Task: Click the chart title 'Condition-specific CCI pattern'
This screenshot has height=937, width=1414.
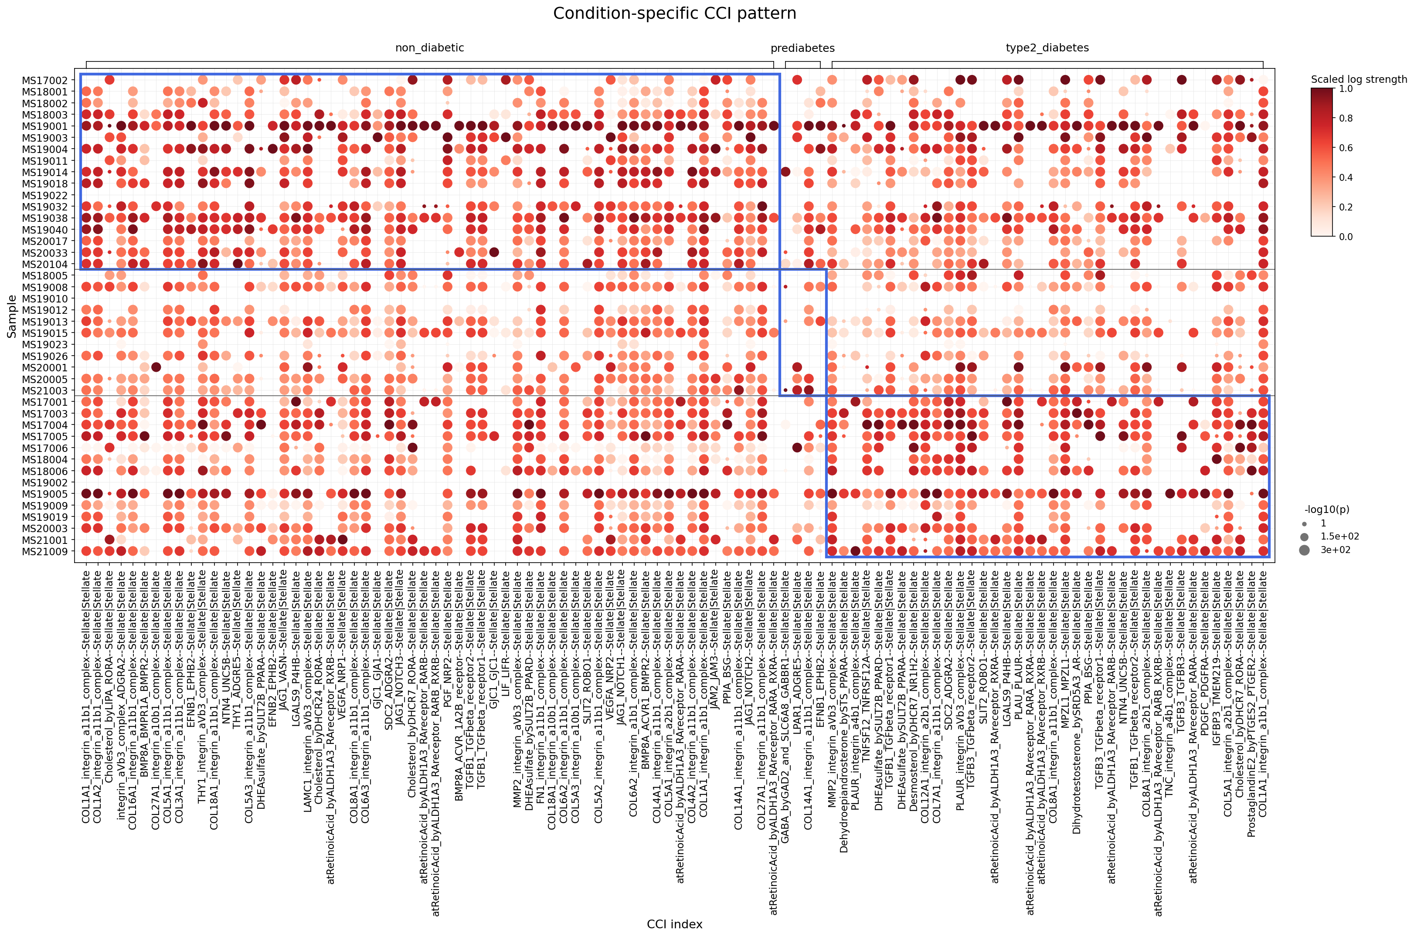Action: (674, 13)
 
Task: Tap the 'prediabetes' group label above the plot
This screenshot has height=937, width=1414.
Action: (802, 48)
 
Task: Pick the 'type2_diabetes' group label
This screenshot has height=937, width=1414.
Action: (1047, 48)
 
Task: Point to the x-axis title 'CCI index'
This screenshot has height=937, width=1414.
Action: (674, 924)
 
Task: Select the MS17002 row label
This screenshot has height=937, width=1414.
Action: (45, 80)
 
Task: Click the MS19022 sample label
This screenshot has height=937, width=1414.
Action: (45, 195)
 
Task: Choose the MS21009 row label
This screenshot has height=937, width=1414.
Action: (45, 552)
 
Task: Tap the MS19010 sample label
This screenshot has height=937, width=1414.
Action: (45, 299)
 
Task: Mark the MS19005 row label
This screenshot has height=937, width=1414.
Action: (45, 494)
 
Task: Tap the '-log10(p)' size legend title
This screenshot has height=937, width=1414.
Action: (1327, 510)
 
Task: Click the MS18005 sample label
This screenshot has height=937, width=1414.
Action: (45, 275)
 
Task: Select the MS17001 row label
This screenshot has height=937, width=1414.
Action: (45, 402)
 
